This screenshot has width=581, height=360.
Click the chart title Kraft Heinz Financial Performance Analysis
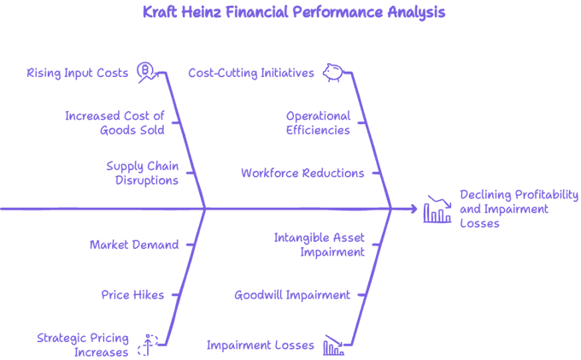pos(294,12)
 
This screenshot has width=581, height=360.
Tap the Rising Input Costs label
pos(78,73)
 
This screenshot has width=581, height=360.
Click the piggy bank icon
pos(333,73)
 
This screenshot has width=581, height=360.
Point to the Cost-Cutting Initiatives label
pos(251,73)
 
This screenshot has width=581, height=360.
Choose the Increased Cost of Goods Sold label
pos(114,123)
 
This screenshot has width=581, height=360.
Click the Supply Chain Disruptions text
pos(143,173)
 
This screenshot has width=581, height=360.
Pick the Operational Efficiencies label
pos(318,123)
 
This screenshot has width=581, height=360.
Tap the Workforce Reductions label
pos(302,173)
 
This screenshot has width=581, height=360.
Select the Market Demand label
pos(134,245)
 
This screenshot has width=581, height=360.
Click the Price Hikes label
pos(132,295)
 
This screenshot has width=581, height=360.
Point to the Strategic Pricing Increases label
pos(83,345)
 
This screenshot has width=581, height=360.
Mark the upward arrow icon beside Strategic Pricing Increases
pos(148,345)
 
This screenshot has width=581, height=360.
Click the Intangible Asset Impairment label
pos(319,245)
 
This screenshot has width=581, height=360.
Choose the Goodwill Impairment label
pos(292,295)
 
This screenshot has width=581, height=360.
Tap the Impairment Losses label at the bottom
pos(261,345)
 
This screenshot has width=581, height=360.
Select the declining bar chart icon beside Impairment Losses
pos(333,345)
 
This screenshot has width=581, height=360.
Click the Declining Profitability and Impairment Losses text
pos(519,210)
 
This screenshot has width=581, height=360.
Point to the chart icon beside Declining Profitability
pos(437,210)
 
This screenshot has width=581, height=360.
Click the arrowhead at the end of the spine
pos(414,210)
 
